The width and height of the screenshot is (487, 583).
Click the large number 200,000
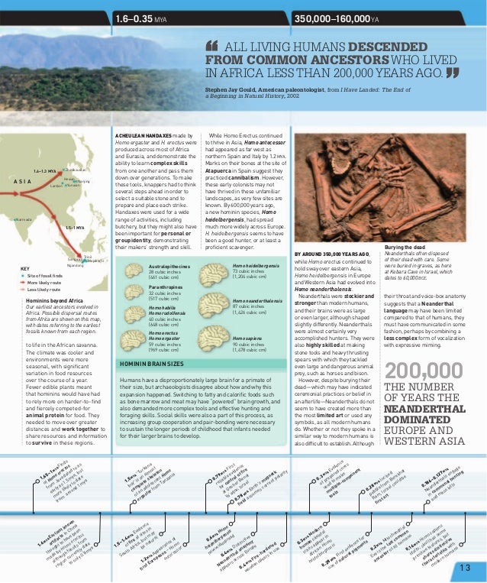(x=423, y=371)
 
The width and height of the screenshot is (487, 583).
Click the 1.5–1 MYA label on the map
(x=73, y=228)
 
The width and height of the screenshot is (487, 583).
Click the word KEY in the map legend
(x=25, y=269)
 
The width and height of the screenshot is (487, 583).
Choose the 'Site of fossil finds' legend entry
(x=46, y=276)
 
